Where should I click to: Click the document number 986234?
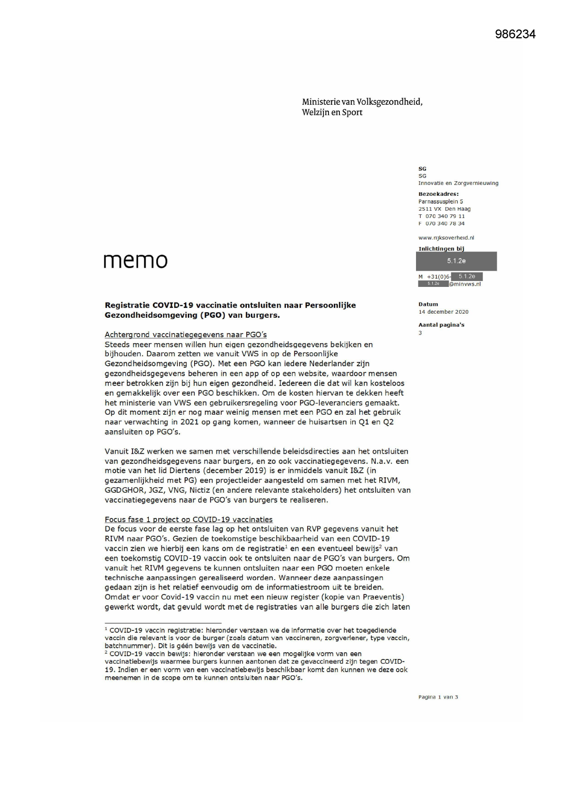tap(515, 34)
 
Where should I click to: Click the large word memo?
tap(136, 261)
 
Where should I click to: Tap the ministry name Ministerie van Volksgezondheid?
tap(362, 102)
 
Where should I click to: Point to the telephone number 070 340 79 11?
tap(445, 216)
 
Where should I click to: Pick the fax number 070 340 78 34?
tap(445, 223)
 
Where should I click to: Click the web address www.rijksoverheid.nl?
tap(446, 238)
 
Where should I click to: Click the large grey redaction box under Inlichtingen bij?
tap(456, 261)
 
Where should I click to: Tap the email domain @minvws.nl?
tap(465, 284)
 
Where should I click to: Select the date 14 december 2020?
tap(443, 312)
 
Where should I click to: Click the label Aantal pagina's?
tap(441, 325)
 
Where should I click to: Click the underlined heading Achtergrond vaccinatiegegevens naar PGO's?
tap(186, 334)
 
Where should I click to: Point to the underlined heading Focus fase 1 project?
tap(188, 519)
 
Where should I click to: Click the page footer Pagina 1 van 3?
tap(438, 697)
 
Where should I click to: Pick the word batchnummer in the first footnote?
tap(127, 646)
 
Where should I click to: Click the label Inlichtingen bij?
tap(441, 248)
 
